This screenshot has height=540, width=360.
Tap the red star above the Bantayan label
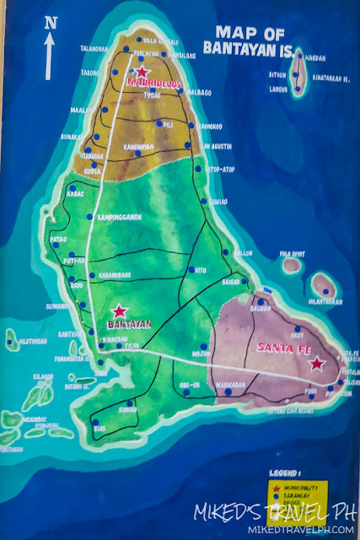120,310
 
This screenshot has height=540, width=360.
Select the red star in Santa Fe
316,364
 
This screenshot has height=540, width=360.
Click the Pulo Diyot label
293,251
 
